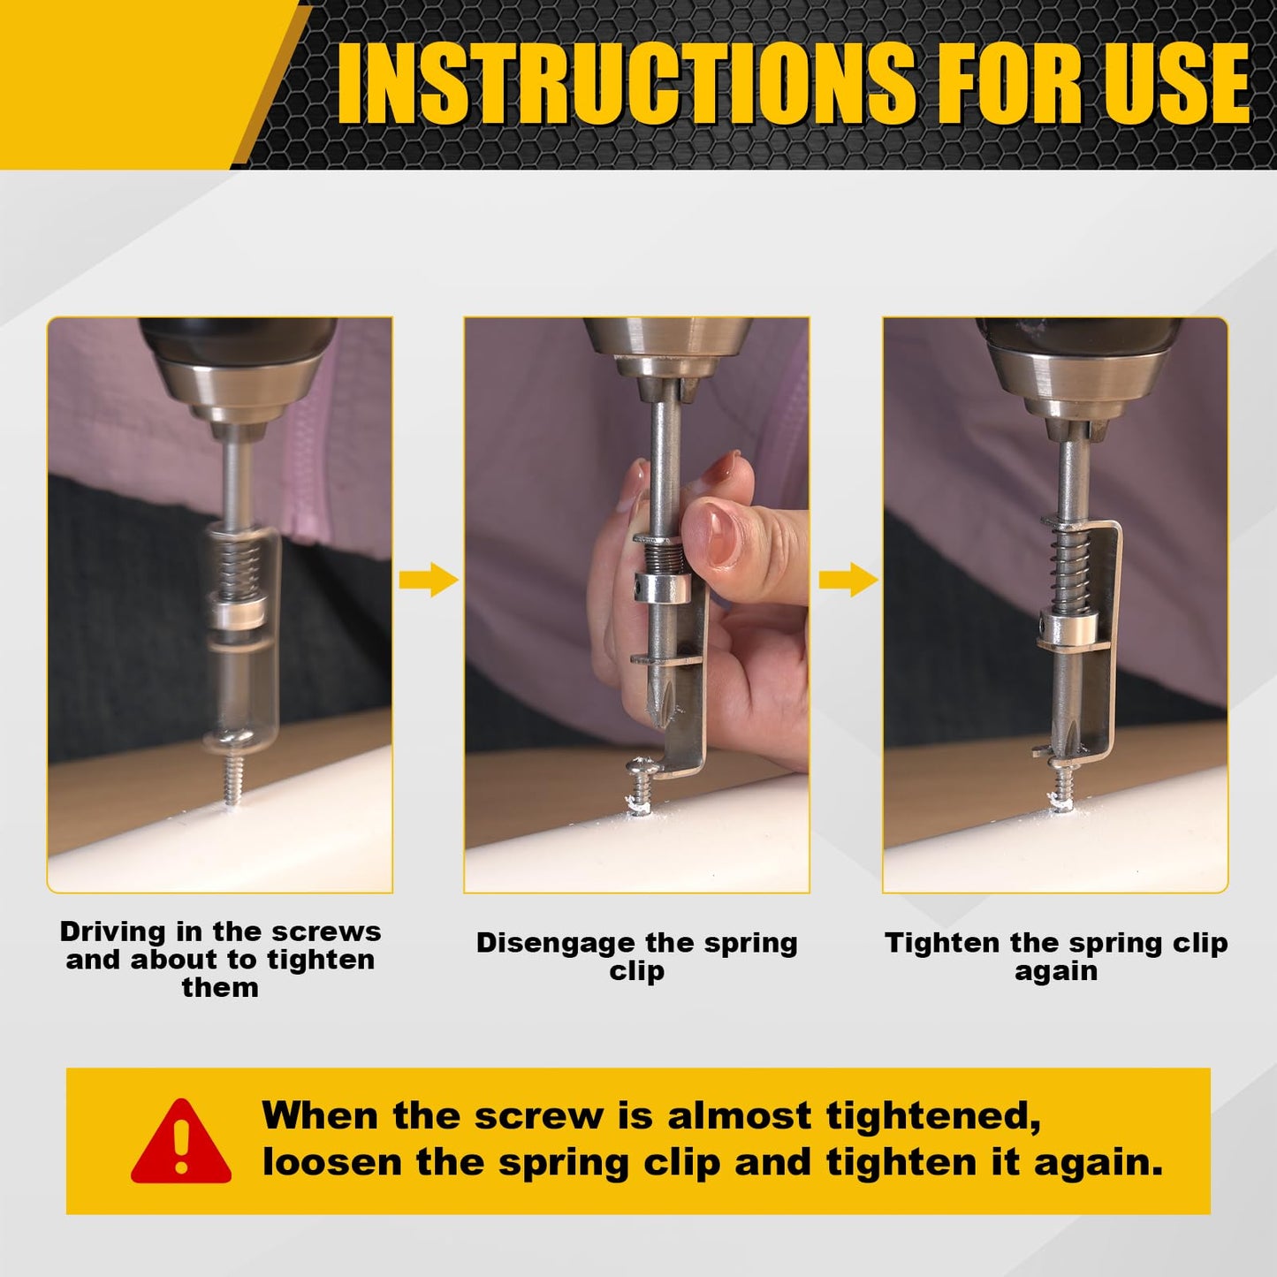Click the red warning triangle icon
click(181, 1143)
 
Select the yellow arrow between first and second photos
click(428, 580)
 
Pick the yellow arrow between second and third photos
click(847, 581)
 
